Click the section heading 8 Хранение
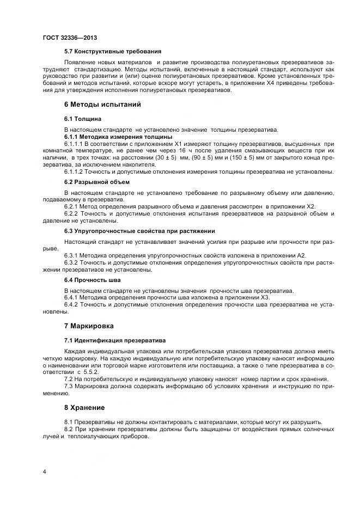tap(84, 407)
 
